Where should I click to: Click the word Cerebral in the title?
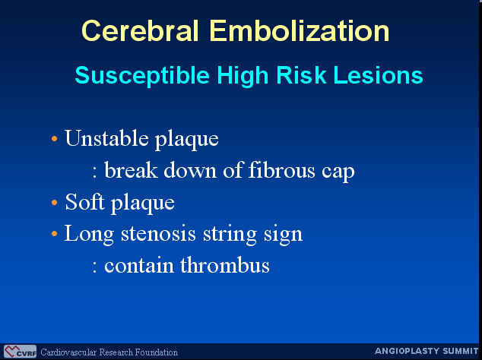pos(140,31)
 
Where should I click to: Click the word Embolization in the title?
pos(300,31)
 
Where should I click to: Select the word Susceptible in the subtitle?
pos(142,76)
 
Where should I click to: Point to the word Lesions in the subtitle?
pos(379,74)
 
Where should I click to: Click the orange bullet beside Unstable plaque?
pos(55,139)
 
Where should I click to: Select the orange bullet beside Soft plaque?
pos(55,203)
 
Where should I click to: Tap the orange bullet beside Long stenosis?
pos(55,234)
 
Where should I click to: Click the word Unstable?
pos(106,138)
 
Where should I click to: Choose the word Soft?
pos(85,202)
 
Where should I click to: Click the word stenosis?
pos(158,234)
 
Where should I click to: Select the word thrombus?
pos(225,265)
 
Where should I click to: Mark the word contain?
pos(139,266)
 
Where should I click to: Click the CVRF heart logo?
pos(20,352)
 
